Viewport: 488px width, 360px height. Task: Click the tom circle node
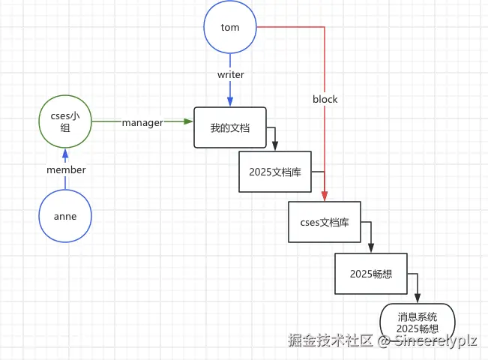[230, 27]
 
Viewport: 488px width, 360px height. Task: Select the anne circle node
[65, 216]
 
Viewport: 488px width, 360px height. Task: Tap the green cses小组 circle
[65, 121]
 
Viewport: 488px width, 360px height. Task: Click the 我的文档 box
[230, 127]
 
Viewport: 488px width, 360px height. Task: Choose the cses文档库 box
[325, 222]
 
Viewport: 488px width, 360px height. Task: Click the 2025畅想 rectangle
[371, 274]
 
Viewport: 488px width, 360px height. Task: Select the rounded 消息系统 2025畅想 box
[418, 322]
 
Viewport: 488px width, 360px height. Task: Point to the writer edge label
[230, 74]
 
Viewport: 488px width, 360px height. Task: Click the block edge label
[325, 99]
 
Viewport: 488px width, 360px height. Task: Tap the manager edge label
[142, 122]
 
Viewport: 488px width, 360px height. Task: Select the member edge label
[66, 170]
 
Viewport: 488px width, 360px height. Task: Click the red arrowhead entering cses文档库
[325, 196]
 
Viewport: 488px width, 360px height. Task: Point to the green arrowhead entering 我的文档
[189, 121]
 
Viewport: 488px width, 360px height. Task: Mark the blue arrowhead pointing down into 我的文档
[230, 102]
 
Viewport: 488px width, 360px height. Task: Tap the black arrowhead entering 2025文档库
[275, 147]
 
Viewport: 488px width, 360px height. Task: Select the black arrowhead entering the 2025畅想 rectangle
[371, 248]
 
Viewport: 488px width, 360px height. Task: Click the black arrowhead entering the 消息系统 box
[418, 298]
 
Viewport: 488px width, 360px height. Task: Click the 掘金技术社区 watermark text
[330, 340]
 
